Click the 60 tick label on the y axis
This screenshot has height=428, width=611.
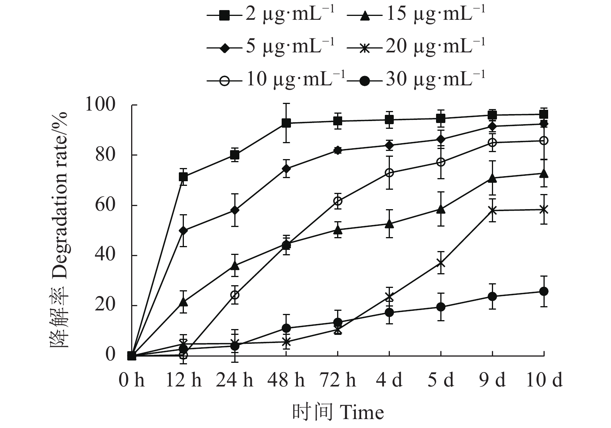[106, 205]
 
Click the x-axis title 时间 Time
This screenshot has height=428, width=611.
[338, 412]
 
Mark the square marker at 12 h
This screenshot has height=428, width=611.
[183, 177]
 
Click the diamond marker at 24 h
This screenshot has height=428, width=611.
[235, 210]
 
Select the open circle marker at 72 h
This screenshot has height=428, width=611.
[338, 201]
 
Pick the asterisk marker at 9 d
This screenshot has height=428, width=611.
[492, 210]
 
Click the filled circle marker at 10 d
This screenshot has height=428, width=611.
[544, 291]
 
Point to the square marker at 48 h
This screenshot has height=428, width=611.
[286, 123]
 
